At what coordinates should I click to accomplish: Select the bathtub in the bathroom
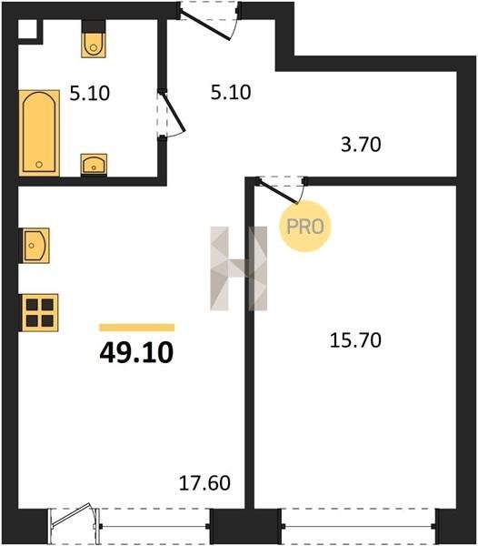[39, 133]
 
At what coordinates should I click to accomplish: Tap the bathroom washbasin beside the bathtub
[94, 164]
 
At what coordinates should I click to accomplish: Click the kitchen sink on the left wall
[35, 245]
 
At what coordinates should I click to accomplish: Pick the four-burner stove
[40, 312]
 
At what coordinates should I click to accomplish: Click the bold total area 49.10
[136, 352]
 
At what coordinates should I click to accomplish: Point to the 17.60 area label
[204, 483]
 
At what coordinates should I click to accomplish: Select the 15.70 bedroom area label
[355, 340]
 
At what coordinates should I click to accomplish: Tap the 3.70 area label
[361, 144]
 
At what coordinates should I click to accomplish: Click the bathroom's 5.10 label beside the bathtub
[90, 94]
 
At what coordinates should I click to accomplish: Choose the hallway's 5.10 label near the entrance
[231, 93]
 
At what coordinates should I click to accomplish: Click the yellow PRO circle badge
[305, 227]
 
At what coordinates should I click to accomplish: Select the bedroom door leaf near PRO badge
[278, 191]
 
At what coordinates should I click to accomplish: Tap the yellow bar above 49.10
[136, 328]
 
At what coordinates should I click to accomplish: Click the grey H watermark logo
[239, 268]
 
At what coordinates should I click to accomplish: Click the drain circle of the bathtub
[39, 165]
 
